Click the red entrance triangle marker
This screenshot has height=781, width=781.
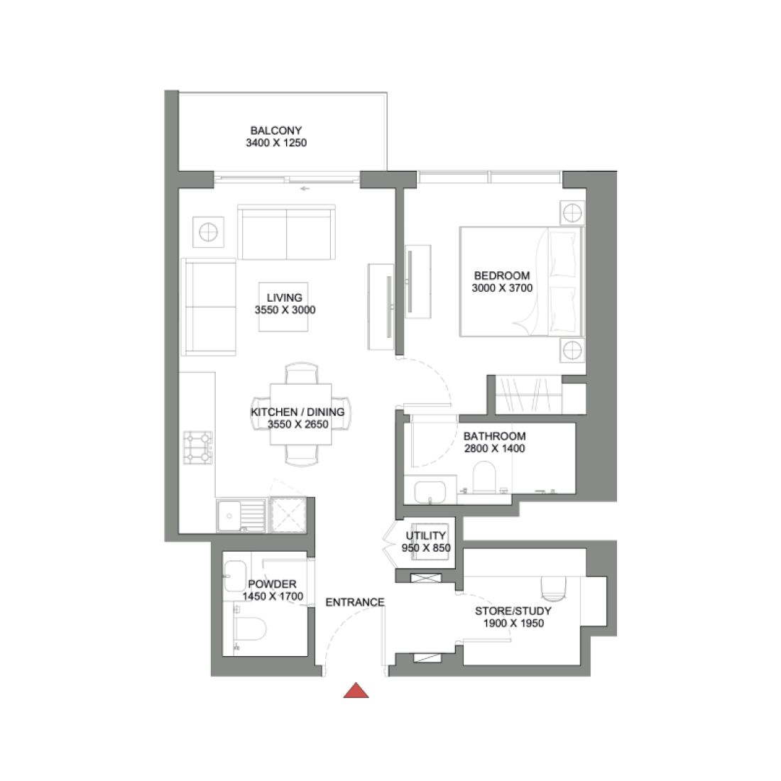pos(356,691)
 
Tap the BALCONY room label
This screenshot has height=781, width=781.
pos(276,131)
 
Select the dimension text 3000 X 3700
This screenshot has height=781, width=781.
pos(502,288)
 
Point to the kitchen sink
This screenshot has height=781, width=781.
pos(231,513)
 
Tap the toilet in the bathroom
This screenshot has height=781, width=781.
pos(485,476)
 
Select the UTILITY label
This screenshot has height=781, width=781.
pos(426,536)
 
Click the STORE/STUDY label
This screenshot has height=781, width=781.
pos(513,611)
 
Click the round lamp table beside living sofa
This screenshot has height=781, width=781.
pos(208,232)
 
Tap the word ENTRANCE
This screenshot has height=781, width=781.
pos(355,602)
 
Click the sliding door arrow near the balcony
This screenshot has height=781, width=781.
pos(305,188)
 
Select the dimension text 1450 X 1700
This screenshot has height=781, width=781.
pos(273,597)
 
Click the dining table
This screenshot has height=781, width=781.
pos(301,414)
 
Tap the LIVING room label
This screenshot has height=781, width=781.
pos(285,298)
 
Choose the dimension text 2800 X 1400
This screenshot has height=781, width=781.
pos(495,449)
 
